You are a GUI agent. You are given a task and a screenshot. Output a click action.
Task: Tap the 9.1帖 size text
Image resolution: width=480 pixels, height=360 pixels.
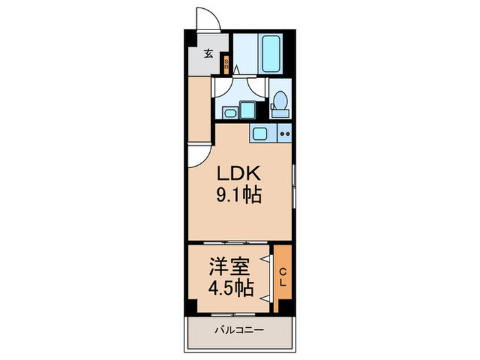(x=239, y=196)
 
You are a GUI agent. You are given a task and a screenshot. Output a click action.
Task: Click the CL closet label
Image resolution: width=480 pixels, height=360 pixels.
(x=283, y=278)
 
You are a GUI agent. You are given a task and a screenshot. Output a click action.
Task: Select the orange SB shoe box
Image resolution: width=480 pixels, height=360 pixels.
(x=227, y=65)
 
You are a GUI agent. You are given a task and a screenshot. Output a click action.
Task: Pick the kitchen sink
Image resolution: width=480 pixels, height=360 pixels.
(x=261, y=133)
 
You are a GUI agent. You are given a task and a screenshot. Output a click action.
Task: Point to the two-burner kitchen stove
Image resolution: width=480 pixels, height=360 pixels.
(x=285, y=134)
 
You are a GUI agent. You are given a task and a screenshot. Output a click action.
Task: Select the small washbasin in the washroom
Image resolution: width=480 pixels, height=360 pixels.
(x=230, y=112)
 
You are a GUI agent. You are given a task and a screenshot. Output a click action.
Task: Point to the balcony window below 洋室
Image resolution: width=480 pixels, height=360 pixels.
(x=233, y=314)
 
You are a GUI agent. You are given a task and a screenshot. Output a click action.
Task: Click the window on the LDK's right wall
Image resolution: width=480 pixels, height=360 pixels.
(x=293, y=185)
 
